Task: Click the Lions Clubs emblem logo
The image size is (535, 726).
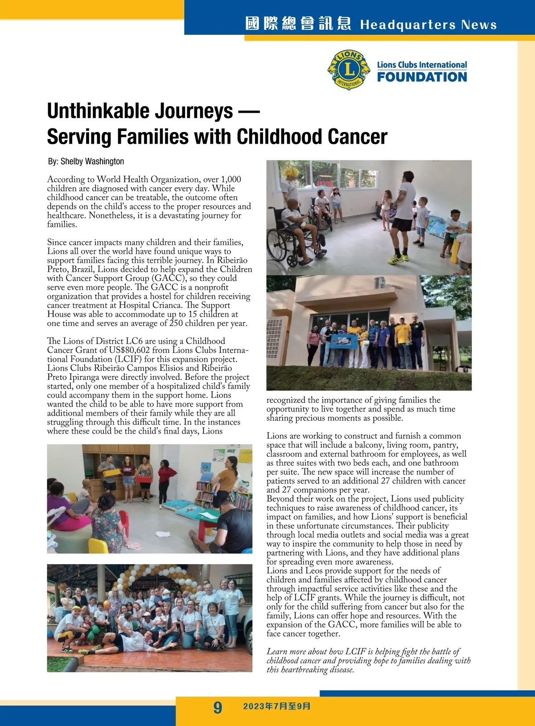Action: click(349, 70)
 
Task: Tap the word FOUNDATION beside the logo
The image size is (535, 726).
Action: click(422, 77)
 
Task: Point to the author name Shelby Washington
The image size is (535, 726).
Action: click(92, 161)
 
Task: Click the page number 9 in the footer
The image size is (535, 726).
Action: click(218, 707)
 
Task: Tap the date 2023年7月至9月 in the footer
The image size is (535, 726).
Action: click(276, 706)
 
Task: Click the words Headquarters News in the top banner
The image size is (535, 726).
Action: click(428, 25)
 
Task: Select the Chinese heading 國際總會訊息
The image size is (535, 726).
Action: click(298, 24)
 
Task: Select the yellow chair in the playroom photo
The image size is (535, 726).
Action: click(98, 545)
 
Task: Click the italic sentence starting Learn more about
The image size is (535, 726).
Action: click(368, 660)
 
